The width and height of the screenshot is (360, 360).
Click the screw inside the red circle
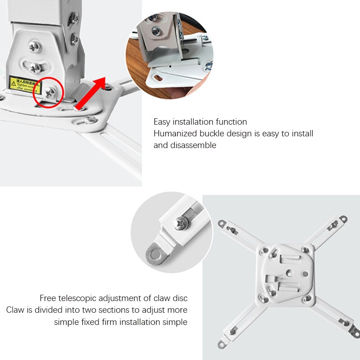[x=50, y=92]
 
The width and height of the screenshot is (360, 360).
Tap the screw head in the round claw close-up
[x=181, y=222]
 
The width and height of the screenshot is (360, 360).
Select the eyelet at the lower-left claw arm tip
[x=221, y=345]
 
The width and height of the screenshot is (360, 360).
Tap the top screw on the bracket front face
[x=35, y=46]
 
